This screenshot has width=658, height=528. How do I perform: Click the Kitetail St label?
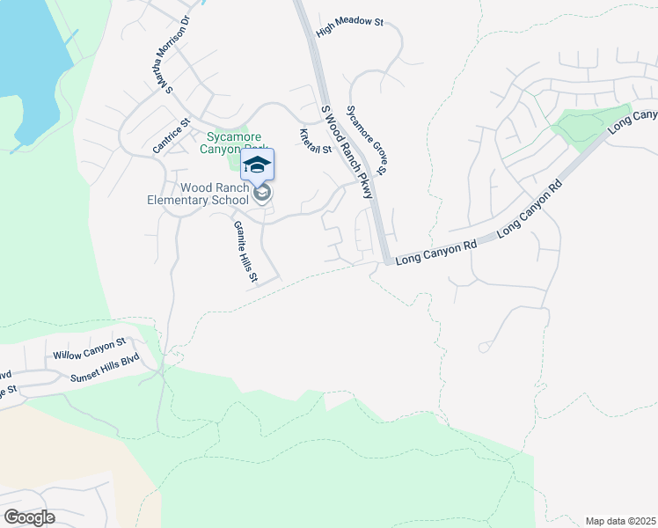[x=314, y=141]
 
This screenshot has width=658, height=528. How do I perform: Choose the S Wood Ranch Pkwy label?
[x=347, y=152]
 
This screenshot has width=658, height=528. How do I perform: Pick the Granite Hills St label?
[x=245, y=252]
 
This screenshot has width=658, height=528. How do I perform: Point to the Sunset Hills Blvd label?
[x=106, y=371]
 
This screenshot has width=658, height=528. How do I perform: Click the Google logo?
[x=29, y=517]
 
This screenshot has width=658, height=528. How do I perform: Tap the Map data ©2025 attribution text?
[x=620, y=521]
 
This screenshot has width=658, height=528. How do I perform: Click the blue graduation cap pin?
[x=257, y=165]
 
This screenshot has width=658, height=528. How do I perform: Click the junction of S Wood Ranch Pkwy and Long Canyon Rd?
[x=385, y=260]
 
